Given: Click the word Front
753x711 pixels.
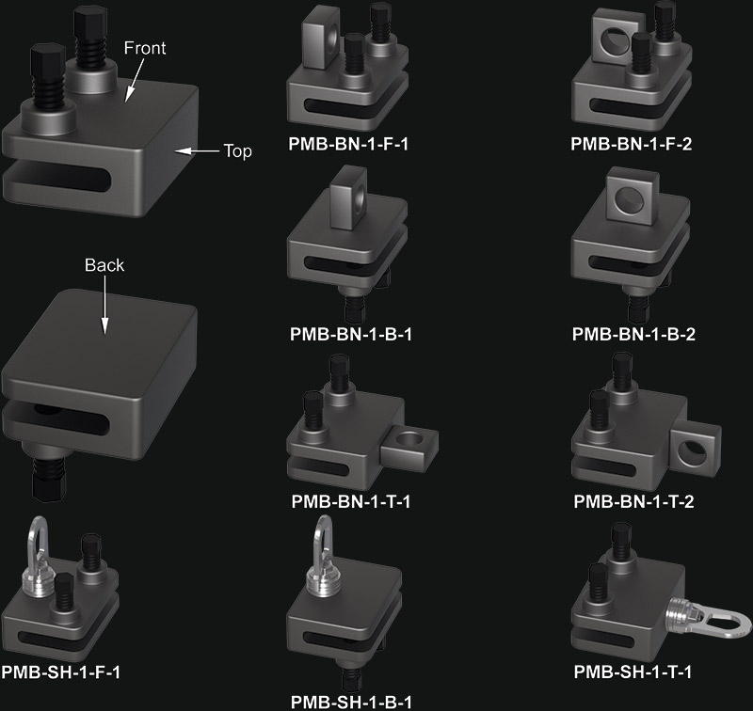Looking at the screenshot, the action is [145, 48].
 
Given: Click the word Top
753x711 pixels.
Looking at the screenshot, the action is [238, 151].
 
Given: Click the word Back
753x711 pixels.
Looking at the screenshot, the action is [104, 265].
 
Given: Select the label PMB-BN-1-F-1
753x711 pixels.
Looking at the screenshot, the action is [348, 144].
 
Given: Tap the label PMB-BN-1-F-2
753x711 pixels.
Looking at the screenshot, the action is [631, 144].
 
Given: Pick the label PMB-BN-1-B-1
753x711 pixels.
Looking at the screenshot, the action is [351, 334].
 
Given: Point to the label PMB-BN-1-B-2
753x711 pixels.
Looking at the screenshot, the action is [633, 334].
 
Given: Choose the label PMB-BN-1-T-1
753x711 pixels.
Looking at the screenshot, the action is [351, 502].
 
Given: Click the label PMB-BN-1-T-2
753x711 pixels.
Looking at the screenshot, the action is [633, 502].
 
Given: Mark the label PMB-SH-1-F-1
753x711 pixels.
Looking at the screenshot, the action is [60, 672].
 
